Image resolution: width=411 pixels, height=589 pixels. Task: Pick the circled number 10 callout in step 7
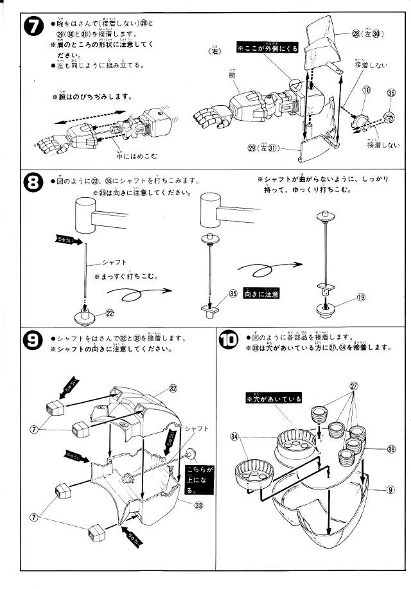[x=365, y=92]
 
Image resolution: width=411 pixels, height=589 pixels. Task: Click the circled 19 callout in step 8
[x=361, y=297]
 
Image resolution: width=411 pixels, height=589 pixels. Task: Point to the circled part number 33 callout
[x=199, y=504]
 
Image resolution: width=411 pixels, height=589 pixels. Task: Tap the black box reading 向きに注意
[x=261, y=294]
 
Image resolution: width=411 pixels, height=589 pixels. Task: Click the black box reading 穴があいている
[x=274, y=399]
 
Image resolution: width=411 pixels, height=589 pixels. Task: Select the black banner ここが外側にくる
[x=267, y=48]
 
